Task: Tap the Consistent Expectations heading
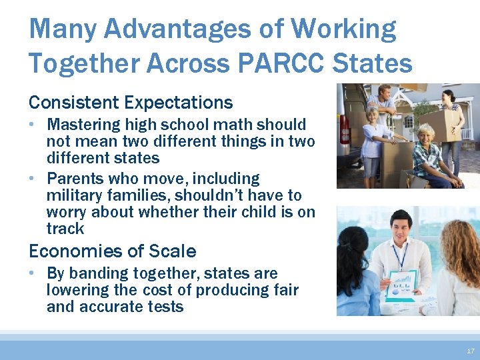click(131, 103)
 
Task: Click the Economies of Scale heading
click(112, 251)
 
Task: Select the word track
click(65, 229)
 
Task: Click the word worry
click(66, 212)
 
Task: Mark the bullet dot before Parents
click(33, 179)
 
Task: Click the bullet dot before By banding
click(33, 273)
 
